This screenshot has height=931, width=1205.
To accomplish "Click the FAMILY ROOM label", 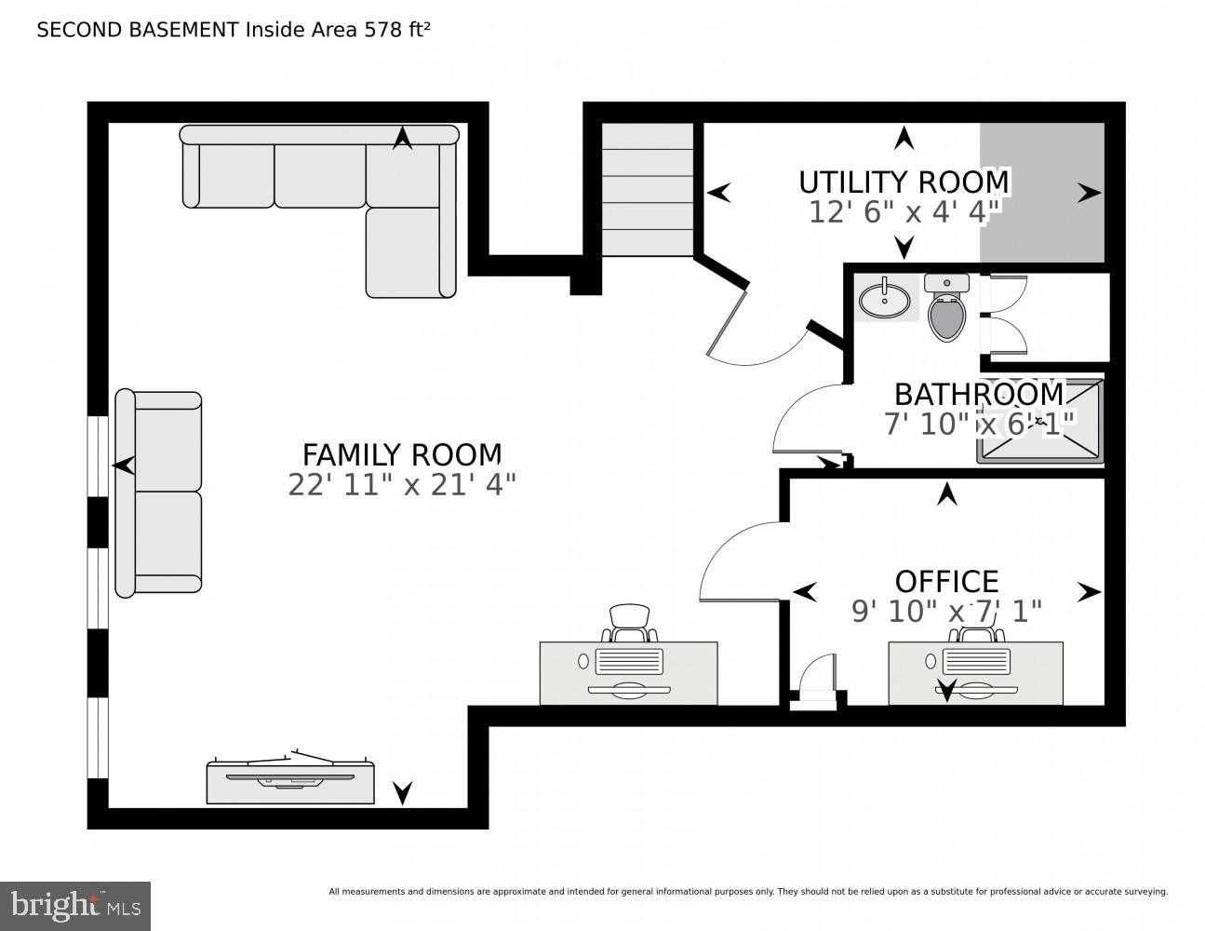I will point(402,454).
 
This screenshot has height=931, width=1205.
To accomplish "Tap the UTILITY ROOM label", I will point(903,181).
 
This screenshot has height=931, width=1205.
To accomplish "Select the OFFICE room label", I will point(946,581).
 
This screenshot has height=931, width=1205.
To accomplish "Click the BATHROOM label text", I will point(978,394).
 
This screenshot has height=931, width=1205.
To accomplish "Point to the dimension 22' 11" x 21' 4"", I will point(402,485).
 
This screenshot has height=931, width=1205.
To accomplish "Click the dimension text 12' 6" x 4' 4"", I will point(903,211).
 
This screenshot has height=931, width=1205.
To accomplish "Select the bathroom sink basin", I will point(884,300).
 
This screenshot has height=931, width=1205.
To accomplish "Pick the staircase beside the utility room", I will point(648,189).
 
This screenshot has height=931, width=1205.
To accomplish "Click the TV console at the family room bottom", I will point(290,780).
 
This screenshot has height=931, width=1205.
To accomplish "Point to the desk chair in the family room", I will point(630,621).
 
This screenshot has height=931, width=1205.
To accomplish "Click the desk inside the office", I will point(975,672).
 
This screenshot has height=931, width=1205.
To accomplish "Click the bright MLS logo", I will point(74,905).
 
